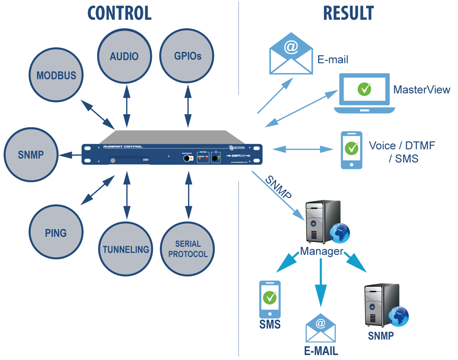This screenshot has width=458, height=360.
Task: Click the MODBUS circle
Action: pos(56,75)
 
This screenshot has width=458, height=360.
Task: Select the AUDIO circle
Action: pos(124,56)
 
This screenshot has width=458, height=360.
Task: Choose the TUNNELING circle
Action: pos(125,249)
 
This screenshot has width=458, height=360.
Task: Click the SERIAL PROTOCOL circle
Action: pos(187,249)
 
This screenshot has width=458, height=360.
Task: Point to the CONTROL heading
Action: pos(119,13)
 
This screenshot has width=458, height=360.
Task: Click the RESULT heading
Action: pos(348,13)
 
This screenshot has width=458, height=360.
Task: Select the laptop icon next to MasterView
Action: pos(365,93)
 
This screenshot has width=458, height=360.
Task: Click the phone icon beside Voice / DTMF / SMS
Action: pos(351,150)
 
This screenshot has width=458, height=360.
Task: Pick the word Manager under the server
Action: pos(321,251)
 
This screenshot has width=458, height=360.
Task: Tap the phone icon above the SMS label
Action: pos(270,299)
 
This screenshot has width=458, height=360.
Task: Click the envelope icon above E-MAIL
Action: pos(320,328)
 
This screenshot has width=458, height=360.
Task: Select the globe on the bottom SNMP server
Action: pos(398,316)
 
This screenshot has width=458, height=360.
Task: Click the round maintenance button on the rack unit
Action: pos(186,158)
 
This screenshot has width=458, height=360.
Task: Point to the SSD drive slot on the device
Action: pos(129,160)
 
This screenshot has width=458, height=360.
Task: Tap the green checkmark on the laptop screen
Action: pos(365,89)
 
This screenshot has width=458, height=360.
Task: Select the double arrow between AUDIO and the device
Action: pos(126,106)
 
